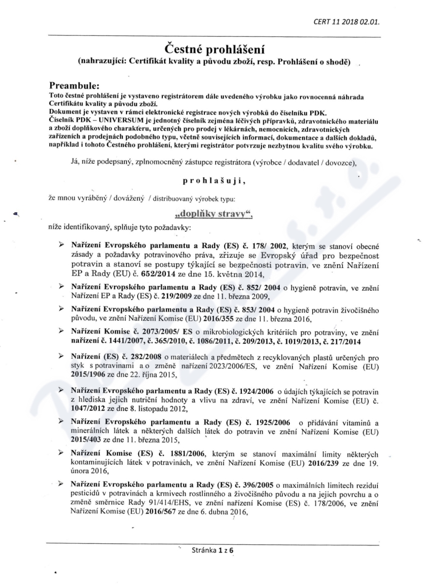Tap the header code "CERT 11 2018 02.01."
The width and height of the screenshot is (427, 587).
[x=350, y=21]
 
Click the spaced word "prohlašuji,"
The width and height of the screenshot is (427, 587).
[x=213, y=181]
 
